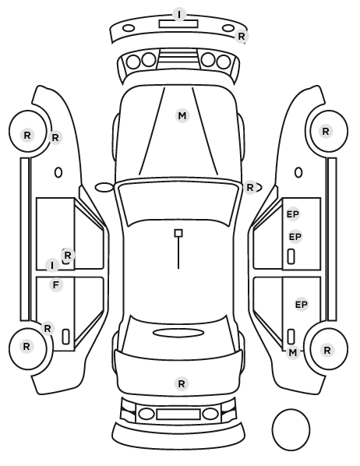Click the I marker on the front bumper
[x=179, y=14]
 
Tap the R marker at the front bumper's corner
[x=242, y=37]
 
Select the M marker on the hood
[x=182, y=115]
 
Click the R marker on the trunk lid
[x=182, y=383]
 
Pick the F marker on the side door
[x=56, y=285]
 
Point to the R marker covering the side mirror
[x=250, y=188]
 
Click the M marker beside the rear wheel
[x=293, y=353]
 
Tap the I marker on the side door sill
[x=52, y=266]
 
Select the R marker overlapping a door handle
[x=68, y=255]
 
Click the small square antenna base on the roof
[x=178, y=233]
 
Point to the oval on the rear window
[x=178, y=333]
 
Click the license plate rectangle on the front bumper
[x=178, y=23]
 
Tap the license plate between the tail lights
[x=178, y=414]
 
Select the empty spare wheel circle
[x=291, y=429]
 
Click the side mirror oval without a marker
[x=104, y=188]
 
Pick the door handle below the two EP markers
[x=291, y=256]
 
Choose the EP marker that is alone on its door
[x=301, y=305]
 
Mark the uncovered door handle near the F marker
[x=65, y=337]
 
